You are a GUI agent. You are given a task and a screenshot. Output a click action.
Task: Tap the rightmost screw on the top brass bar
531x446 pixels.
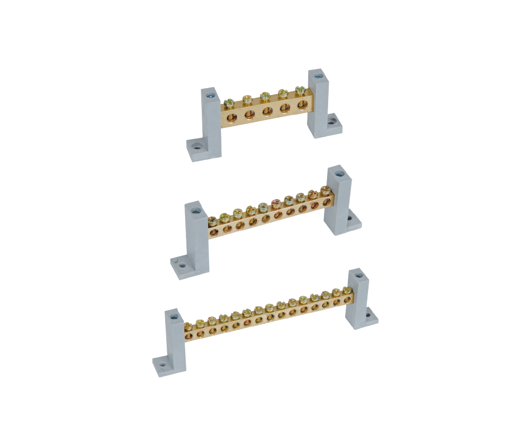tap(300, 91)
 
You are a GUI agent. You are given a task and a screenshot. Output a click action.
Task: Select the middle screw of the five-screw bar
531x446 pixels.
tap(264, 97)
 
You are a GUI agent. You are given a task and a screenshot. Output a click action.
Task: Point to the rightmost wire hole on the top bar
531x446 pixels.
tap(302, 105)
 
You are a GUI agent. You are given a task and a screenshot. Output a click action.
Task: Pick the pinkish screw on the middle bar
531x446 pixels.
tap(276, 202)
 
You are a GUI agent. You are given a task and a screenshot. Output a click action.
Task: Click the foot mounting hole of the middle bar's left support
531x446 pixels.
tap(182, 265)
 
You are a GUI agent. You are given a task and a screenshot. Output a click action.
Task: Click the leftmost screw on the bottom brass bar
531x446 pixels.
tap(189, 324)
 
